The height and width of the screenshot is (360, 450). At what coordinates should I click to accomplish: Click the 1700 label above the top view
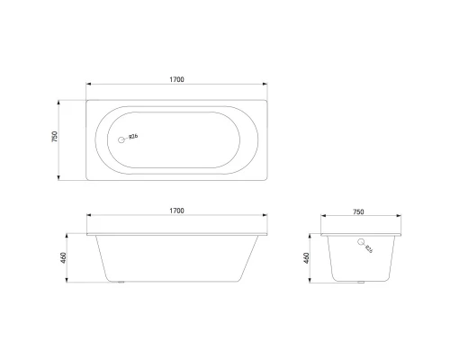[176, 80]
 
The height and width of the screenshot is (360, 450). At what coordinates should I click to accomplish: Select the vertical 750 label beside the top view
[55, 138]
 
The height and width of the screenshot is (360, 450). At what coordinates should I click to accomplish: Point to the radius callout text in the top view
[133, 138]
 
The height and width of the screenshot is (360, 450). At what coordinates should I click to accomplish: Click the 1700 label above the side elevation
[176, 211]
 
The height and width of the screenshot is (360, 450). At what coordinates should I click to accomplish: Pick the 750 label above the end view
[358, 211]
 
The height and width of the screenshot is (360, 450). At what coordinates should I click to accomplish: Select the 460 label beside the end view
[307, 259]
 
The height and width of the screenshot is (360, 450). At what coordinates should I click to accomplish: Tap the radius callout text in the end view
[369, 249]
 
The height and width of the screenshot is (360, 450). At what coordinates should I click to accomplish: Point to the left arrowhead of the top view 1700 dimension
[88, 86]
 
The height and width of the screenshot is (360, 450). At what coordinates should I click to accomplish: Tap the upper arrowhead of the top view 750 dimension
[61, 99]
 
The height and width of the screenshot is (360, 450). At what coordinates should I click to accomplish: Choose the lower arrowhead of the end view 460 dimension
[313, 281]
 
